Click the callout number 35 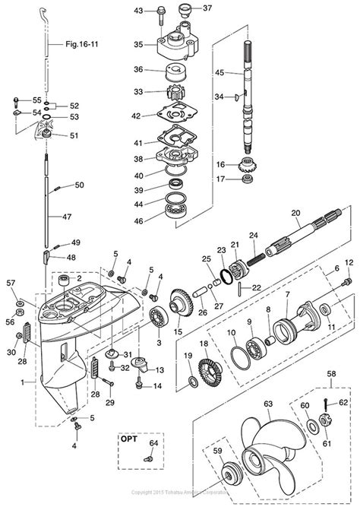tap(138, 45)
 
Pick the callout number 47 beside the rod tap(69, 217)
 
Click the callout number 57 tap(11, 283)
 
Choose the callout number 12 tap(350, 262)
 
